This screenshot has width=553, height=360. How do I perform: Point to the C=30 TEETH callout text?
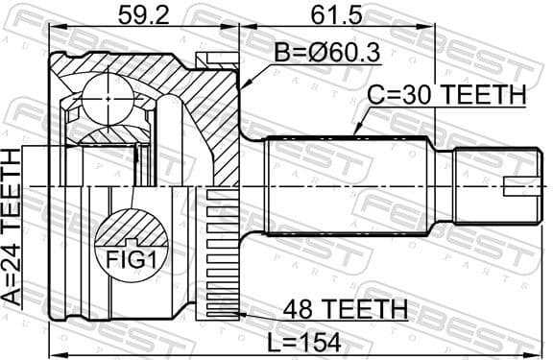point(447,96)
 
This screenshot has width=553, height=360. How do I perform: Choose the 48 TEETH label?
point(345,309)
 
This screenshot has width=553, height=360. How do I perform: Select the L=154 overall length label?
point(304,341)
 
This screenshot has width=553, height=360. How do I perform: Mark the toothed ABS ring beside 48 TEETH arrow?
point(220,255)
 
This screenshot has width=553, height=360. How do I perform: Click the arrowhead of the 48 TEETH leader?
point(242,314)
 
